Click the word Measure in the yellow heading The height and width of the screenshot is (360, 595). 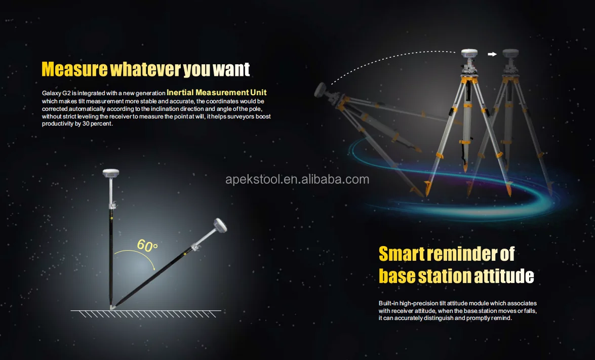(x=74, y=69)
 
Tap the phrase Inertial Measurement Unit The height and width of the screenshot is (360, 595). (x=217, y=93)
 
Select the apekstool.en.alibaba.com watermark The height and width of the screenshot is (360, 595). (x=297, y=179)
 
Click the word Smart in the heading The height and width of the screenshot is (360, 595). (x=401, y=254)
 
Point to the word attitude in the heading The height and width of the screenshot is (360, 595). (x=503, y=276)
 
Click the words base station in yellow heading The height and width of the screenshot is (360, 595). (x=425, y=276)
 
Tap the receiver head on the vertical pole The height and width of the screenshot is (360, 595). (x=111, y=174)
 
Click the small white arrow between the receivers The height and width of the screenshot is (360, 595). (x=491, y=54)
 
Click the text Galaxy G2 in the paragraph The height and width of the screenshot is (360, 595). (x=58, y=93)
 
